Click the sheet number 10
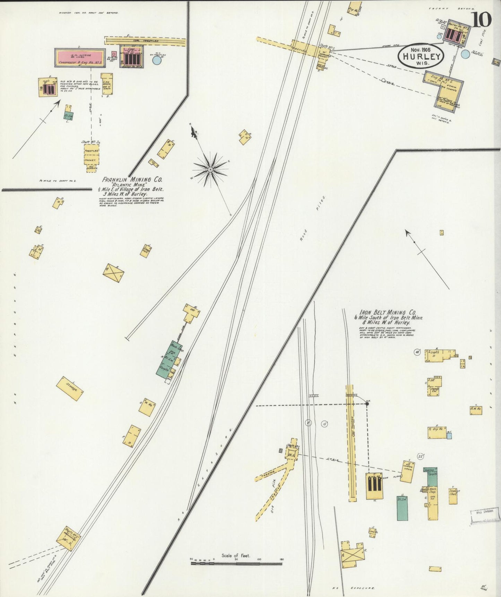[481, 19]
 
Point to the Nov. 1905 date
[421, 50]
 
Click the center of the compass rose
[210, 169]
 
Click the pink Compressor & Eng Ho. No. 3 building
[80, 58]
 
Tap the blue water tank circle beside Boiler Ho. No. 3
[157, 60]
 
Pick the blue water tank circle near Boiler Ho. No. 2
[466, 54]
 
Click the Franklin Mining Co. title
[132, 179]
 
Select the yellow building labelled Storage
[70, 388]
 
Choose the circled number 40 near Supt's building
[417, 352]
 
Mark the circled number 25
[421, 456]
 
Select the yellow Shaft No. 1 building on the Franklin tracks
[71, 538]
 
